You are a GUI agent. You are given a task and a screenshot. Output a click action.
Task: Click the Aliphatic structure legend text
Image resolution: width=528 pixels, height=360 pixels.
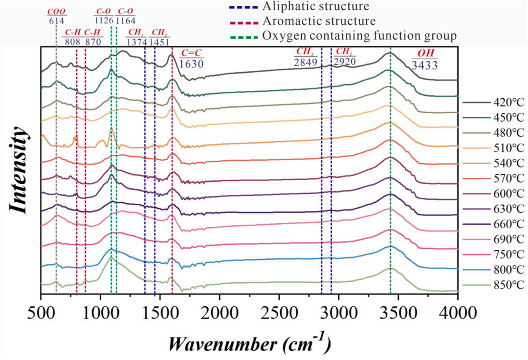pyautogui.click(x=315, y=7)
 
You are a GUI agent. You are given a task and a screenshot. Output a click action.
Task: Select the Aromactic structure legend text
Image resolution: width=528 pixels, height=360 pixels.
pyautogui.click(x=319, y=21)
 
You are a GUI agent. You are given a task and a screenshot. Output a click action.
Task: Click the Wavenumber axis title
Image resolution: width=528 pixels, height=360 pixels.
pyautogui.click(x=249, y=343)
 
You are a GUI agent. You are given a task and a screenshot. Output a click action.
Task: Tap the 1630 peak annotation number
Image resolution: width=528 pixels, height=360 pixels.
pyautogui.click(x=191, y=64)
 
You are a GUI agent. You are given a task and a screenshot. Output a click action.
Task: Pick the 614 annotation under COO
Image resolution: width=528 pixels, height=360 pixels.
pyautogui.click(x=56, y=21)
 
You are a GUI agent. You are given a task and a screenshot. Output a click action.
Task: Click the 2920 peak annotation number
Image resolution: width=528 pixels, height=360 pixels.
pyautogui.click(x=345, y=62)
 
